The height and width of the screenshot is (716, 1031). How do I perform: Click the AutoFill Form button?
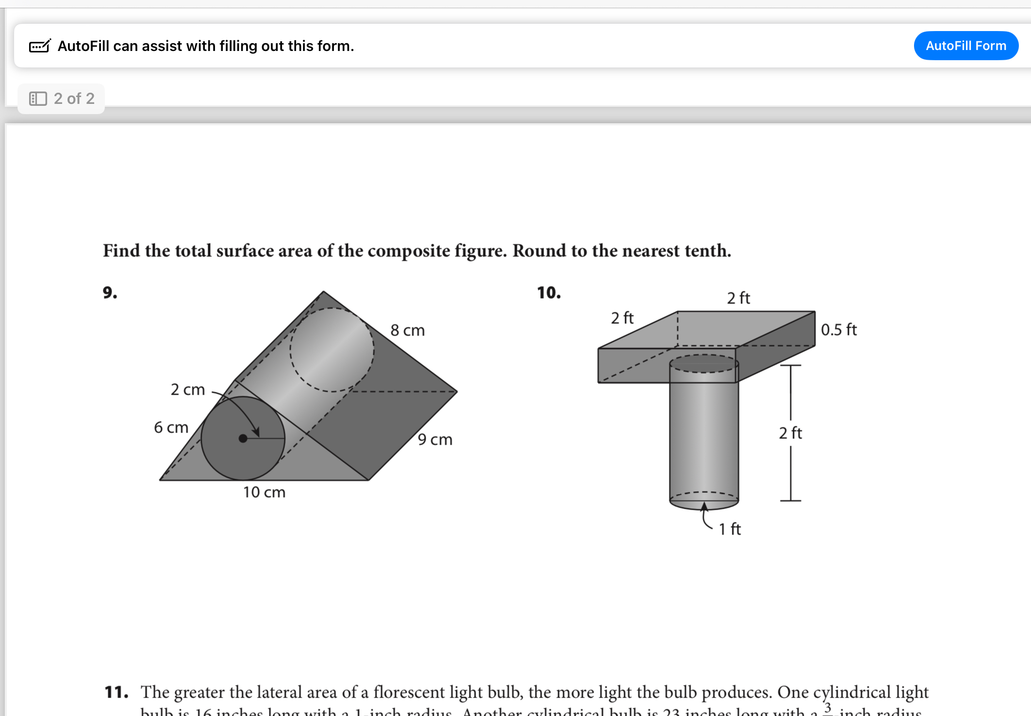pos(965,46)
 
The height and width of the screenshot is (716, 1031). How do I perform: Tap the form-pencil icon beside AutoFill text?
pos(40,46)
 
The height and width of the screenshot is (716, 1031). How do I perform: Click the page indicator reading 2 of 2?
pos(74,99)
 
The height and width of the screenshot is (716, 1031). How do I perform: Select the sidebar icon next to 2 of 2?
pos(38,99)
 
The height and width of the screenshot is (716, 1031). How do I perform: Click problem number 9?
pos(110,292)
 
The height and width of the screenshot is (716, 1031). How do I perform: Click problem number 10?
pos(549,292)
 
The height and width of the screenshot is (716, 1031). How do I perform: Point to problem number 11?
pos(116,692)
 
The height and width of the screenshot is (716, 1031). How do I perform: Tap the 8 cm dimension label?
pos(407,330)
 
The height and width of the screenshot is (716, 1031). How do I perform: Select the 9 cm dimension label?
pos(435,439)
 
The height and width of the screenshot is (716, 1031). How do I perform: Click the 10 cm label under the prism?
pos(264,492)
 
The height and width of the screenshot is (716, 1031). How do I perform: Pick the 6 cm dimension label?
pos(171,427)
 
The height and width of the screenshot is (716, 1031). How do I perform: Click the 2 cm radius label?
pos(187,389)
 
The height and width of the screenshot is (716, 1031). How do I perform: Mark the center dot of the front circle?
pos(243,438)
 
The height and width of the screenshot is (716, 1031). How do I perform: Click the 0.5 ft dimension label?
pos(838,330)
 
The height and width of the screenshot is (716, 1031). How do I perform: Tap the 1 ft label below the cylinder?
pos(730,529)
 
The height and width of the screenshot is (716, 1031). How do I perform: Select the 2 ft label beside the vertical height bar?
pos(790,433)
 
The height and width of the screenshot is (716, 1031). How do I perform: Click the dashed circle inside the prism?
pos(332,350)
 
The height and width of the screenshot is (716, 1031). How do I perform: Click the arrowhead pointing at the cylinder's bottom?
pos(704,506)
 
